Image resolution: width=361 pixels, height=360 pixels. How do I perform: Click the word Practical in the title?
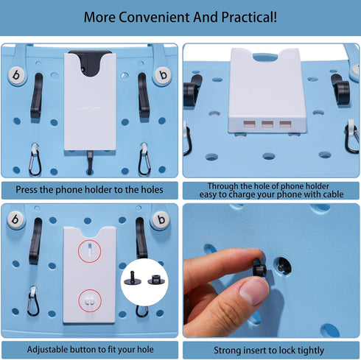point(249,17)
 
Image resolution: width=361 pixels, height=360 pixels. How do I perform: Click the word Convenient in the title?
point(154,17)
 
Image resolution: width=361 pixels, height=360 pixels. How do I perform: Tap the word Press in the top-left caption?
point(27,190)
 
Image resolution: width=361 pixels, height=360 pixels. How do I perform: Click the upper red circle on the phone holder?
point(90,251)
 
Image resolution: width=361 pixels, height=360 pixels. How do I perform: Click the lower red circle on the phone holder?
point(90,300)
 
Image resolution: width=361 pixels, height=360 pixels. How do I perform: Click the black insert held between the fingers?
point(260,267)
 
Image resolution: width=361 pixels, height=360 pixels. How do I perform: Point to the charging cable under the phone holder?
point(90,162)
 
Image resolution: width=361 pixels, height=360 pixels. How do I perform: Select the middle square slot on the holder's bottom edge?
point(267,124)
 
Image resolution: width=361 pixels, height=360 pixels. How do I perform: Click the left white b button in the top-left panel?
point(17,75)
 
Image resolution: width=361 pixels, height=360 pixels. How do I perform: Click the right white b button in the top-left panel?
point(163,75)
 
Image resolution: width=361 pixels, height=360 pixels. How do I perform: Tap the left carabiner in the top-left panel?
point(35,160)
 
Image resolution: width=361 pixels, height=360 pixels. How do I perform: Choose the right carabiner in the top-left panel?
point(144,159)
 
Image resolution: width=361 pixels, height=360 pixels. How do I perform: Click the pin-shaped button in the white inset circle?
point(131,278)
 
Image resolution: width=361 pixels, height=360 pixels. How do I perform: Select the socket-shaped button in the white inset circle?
point(156,280)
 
